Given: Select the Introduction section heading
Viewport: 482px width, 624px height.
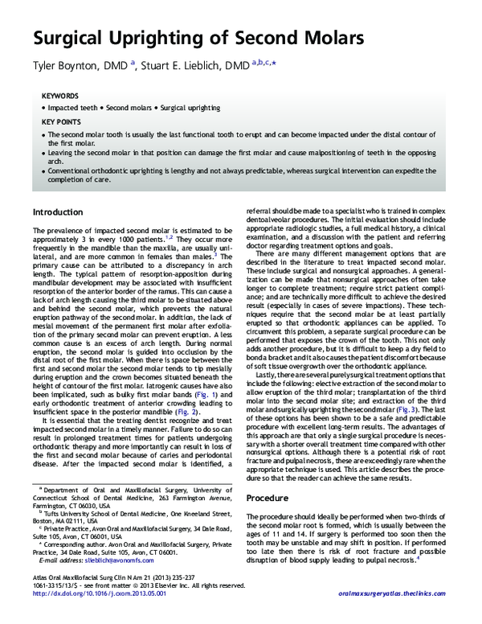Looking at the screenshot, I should point(57,211).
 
